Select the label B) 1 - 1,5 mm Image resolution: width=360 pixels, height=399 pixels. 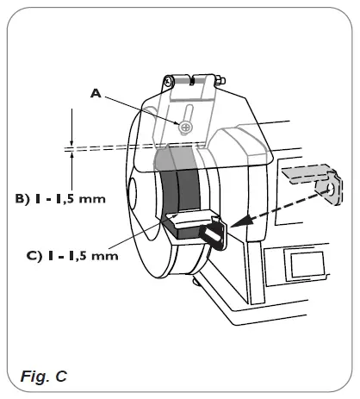click(60, 199)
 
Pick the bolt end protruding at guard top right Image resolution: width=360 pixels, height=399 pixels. click(222, 83)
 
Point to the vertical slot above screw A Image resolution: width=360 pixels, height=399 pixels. click(187, 113)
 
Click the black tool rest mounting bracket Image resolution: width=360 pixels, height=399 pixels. click(211, 234)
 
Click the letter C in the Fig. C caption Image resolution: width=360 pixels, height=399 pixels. click(56, 376)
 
